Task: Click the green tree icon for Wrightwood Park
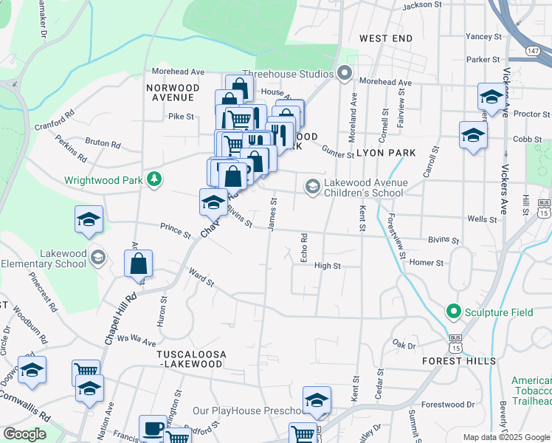pos(154,179)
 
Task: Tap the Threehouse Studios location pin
pos(344,72)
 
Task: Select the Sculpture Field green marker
pos(453,312)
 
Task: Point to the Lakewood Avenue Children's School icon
pos(313,188)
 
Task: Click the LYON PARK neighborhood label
pos(386,153)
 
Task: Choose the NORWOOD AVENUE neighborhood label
pos(173,92)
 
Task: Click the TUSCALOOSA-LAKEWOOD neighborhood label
pos(190,360)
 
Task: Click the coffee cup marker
pos(154,428)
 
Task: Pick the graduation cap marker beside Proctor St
pos(491,97)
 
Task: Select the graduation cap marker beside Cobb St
pos(473,135)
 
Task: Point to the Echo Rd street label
pos(303,247)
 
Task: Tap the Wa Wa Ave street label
pos(137,343)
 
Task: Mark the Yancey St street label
pos(483,36)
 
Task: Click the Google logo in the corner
pos(24,433)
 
